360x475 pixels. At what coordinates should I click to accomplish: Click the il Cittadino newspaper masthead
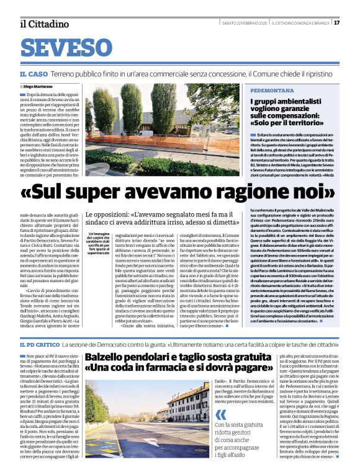point(44,24)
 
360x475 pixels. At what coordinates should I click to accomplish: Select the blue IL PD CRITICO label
point(42,343)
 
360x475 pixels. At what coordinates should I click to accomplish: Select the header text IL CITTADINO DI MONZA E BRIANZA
point(304,23)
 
